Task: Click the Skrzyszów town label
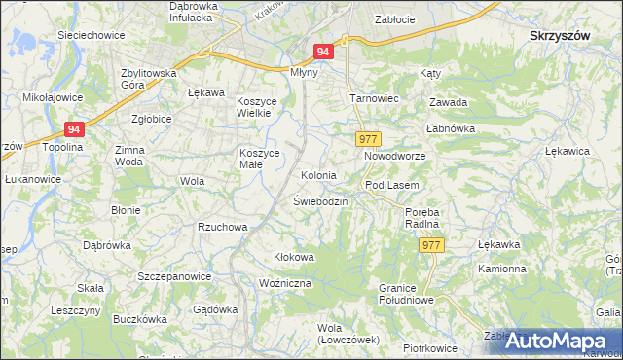(x=560, y=34)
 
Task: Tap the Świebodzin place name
(x=320, y=200)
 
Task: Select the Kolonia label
(x=318, y=176)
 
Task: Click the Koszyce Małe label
(x=260, y=159)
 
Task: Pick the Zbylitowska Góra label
(x=148, y=79)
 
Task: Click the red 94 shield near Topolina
(x=75, y=129)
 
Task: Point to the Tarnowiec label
(x=371, y=99)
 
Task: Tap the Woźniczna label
(x=284, y=282)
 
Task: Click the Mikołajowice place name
(x=54, y=98)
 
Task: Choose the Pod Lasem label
(x=391, y=185)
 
